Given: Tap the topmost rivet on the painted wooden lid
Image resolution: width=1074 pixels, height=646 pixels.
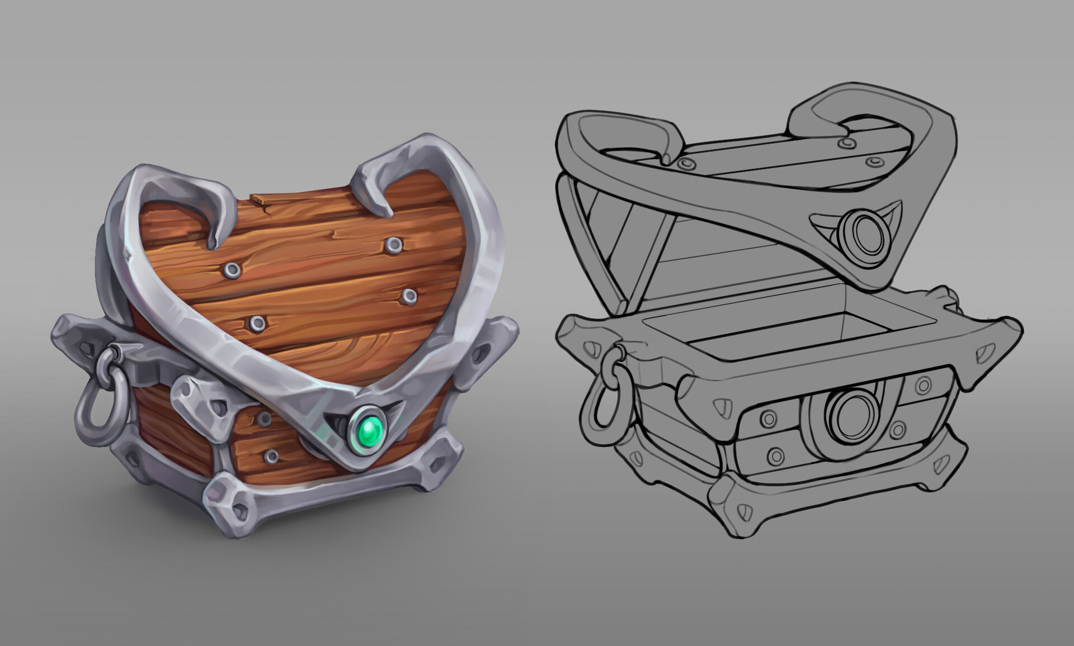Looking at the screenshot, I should click(393, 244).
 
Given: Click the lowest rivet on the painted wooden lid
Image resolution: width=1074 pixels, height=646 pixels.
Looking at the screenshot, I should click(257, 322).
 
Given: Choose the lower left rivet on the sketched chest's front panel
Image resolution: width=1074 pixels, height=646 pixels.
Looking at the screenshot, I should click(776, 456).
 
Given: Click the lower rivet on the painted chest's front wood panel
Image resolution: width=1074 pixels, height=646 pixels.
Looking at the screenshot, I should click(271, 455).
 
